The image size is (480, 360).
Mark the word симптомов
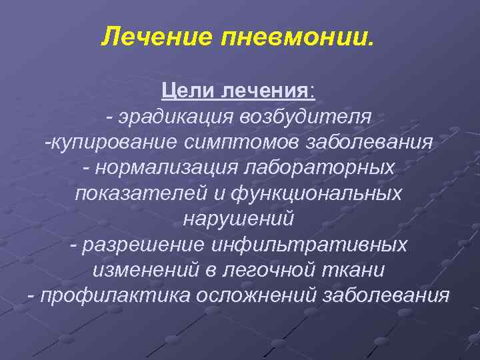239,142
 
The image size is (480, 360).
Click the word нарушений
237,219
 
